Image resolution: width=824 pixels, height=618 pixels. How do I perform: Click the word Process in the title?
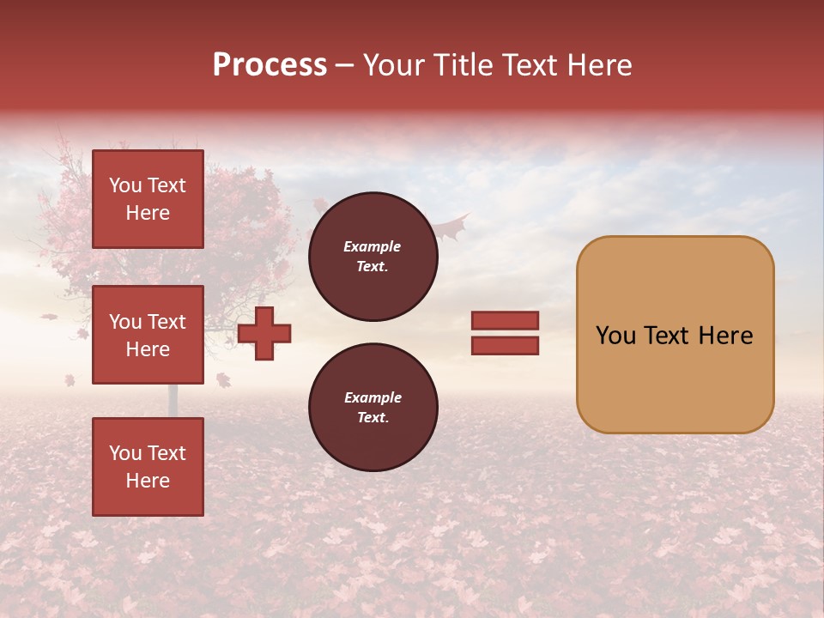click(270, 65)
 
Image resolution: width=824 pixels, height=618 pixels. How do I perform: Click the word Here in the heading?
click(596, 65)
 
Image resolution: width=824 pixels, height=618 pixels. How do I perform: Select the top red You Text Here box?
click(148, 199)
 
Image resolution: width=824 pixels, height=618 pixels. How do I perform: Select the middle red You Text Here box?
click(148, 335)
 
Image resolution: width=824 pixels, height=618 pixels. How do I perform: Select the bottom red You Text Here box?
click(148, 466)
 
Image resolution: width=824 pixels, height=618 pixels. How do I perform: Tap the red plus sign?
click(264, 332)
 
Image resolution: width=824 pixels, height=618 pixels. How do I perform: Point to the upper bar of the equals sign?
click(505, 320)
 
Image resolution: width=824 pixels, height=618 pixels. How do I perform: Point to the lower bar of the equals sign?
click(505, 345)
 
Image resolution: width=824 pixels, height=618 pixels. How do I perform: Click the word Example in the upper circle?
click(373, 246)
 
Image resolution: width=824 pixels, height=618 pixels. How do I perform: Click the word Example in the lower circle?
click(373, 397)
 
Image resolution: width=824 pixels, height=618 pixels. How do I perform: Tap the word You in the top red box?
click(125, 185)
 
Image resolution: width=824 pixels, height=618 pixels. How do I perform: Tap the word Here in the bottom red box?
click(148, 481)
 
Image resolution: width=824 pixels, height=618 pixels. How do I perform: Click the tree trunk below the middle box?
click(173, 399)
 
